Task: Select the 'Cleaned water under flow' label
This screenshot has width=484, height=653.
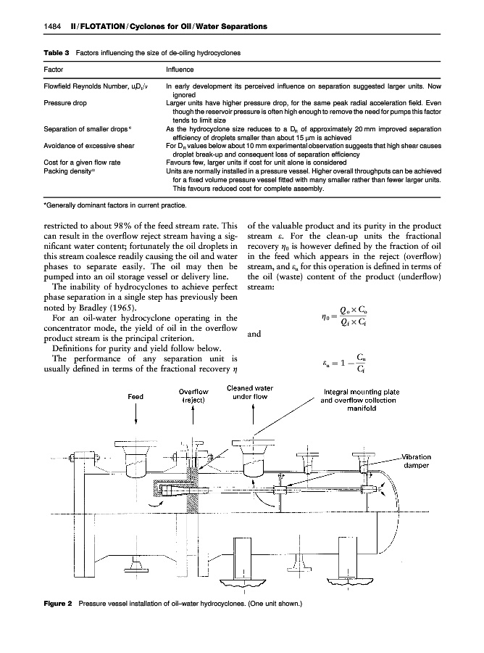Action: pos(250,392)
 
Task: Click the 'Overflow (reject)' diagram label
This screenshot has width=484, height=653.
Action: pos(193,395)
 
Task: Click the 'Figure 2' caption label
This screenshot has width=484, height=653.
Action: pos(51,604)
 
